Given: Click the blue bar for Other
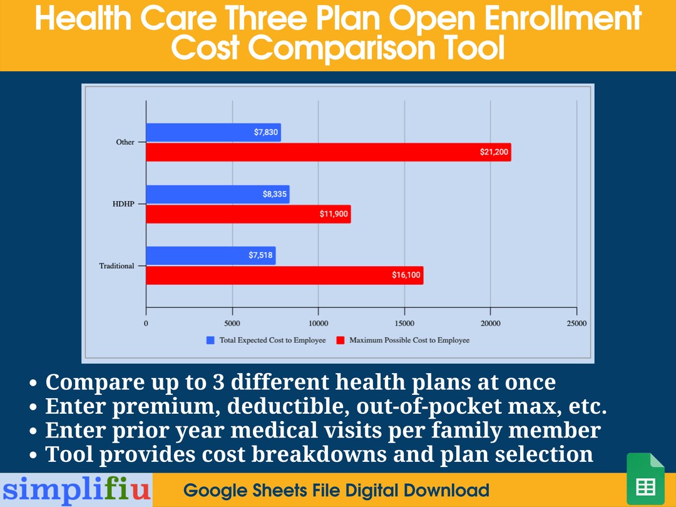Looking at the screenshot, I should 213,132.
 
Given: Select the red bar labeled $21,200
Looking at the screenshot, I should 328,152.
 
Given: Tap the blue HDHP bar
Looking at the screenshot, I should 217,194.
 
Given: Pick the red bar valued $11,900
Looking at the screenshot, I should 248,214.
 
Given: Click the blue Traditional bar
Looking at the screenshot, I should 210,255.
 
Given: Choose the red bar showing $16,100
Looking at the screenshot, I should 284,275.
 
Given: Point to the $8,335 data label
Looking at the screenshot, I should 274,195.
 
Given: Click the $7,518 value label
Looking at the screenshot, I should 260,255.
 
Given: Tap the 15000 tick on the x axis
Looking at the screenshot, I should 404,324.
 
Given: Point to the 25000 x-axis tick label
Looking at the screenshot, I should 576,324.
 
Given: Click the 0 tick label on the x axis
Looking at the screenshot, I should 146,324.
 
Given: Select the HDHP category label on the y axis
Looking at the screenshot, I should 123,204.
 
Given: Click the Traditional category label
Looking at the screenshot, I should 116,266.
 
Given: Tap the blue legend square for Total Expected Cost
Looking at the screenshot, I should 210,341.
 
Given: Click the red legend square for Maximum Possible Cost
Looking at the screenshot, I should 341,341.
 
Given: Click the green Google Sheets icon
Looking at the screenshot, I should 645,479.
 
